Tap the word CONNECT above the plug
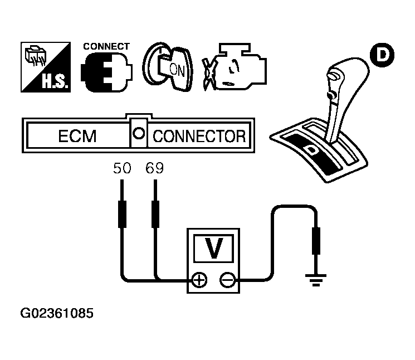click(x=106, y=46)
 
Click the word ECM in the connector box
click(x=77, y=136)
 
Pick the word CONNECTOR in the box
click(x=198, y=136)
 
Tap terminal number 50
click(x=121, y=167)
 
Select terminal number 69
click(x=155, y=167)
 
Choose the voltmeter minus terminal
click(x=227, y=280)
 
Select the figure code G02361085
click(x=57, y=313)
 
